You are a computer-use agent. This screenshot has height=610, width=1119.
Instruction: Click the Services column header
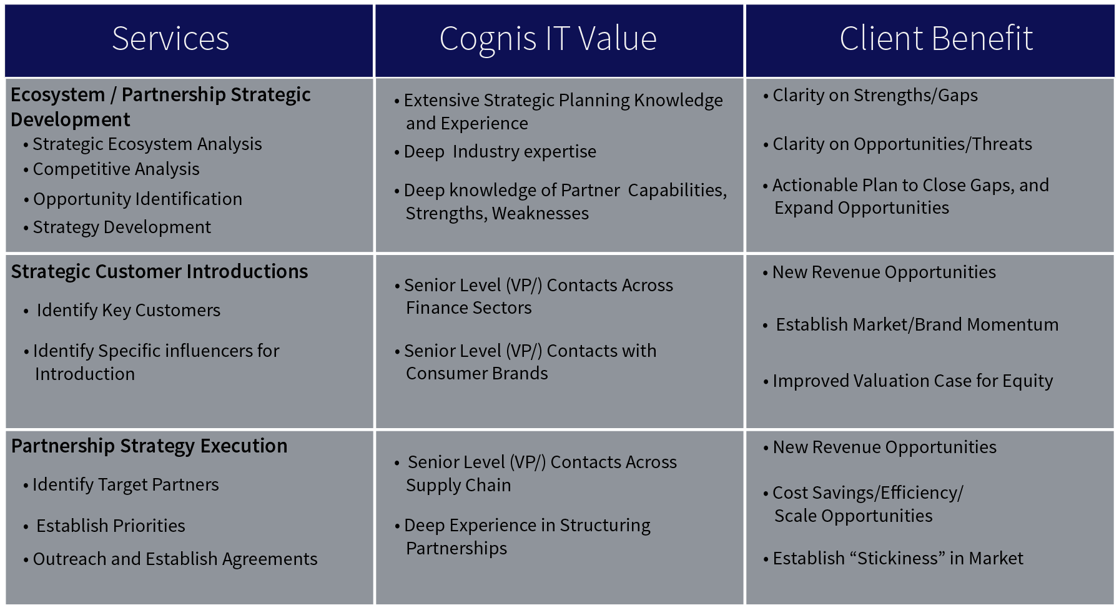tap(170, 39)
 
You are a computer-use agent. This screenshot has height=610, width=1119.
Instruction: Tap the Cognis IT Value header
tap(548, 39)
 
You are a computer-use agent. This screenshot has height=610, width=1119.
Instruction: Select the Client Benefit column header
tap(936, 39)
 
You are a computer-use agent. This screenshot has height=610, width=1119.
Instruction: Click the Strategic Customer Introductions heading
tap(159, 272)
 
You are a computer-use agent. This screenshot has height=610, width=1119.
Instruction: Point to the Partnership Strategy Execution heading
tap(149, 446)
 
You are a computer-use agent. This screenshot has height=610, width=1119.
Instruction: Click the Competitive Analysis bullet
tap(116, 169)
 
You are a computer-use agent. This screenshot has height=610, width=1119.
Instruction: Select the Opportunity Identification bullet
tap(137, 199)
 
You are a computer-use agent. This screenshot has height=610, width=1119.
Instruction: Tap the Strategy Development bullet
tap(122, 227)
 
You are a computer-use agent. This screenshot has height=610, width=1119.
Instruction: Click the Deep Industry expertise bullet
tap(500, 152)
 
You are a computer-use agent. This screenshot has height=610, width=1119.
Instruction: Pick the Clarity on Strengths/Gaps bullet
tap(875, 96)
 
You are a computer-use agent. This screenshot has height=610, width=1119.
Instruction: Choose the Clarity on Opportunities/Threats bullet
tap(902, 144)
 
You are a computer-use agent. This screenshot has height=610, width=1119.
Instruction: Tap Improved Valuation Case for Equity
tap(912, 381)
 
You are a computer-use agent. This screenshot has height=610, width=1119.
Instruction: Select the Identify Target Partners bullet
tap(126, 485)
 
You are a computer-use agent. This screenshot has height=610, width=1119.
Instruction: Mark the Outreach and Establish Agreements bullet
tap(175, 559)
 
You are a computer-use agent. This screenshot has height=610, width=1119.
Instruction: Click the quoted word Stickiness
tap(897, 558)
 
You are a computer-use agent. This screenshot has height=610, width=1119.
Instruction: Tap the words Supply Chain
tap(458, 486)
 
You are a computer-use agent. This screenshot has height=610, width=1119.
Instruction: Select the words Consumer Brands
tap(477, 374)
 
